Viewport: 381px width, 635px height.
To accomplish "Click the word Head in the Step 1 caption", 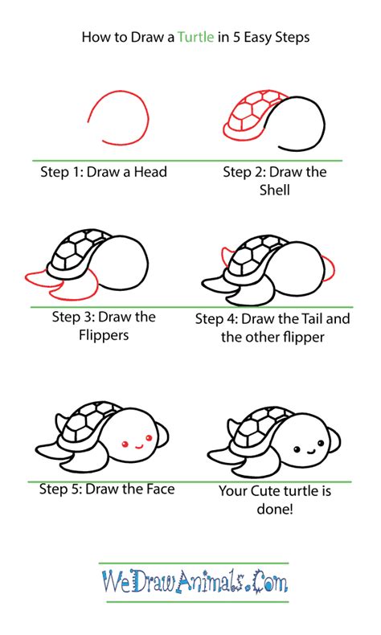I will [x=149, y=172].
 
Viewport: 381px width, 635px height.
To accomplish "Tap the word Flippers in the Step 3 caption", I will [x=103, y=335].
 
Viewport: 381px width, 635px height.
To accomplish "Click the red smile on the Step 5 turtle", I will [x=137, y=443].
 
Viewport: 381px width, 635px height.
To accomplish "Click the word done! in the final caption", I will [x=274, y=508].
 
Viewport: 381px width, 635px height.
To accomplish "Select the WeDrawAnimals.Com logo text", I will [x=193, y=580].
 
